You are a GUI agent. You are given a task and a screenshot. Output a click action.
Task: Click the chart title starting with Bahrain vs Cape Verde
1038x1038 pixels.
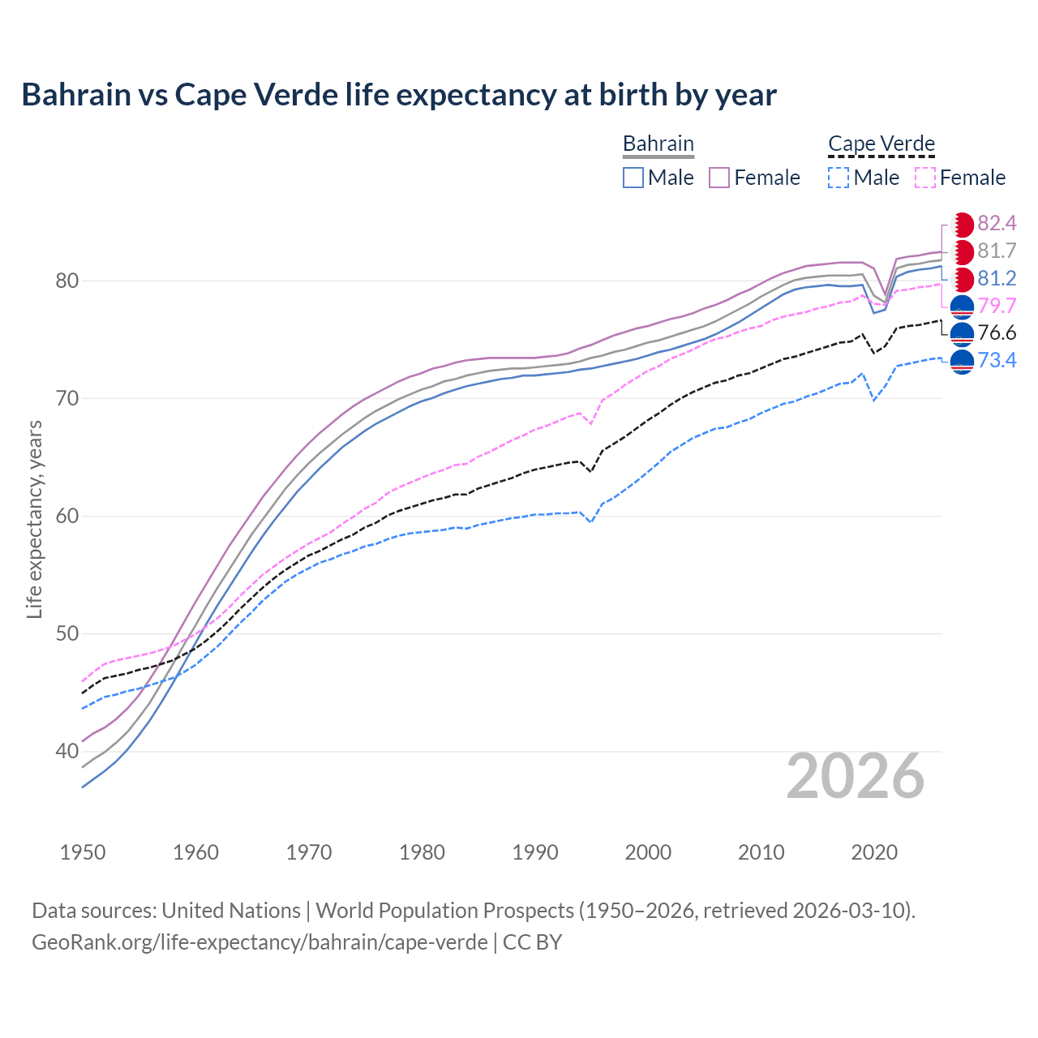click(x=399, y=95)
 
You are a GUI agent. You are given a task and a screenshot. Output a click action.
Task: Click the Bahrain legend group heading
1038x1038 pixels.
click(x=658, y=144)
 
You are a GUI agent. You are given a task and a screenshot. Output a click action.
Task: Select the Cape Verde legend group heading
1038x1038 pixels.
click(x=881, y=144)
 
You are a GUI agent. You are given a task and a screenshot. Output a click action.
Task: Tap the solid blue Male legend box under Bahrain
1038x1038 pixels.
click(x=633, y=178)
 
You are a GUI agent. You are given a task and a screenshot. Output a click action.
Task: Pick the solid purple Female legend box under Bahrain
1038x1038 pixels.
click(x=719, y=178)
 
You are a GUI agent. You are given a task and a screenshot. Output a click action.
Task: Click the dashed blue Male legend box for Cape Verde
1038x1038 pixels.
click(x=839, y=178)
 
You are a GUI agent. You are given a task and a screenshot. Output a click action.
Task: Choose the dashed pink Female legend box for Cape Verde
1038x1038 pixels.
click(x=924, y=178)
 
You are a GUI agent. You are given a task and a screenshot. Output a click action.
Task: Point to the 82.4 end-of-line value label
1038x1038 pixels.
click(x=997, y=223)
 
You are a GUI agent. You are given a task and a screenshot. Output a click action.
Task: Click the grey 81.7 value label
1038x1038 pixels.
click(x=997, y=251)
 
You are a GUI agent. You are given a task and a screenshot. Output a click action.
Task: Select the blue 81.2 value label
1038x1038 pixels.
click(x=997, y=278)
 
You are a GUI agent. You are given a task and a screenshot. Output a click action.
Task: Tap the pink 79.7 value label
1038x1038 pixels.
click(x=997, y=306)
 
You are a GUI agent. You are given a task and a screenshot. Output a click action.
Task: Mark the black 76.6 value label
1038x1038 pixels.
click(x=997, y=332)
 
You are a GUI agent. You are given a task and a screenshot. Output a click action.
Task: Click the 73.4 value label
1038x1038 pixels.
click(x=997, y=360)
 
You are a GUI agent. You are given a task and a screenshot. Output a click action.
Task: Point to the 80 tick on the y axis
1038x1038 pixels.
click(x=66, y=281)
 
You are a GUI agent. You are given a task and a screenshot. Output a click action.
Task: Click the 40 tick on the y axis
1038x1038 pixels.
click(x=66, y=752)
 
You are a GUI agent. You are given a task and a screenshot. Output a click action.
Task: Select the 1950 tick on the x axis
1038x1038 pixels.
click(x=83, y=852)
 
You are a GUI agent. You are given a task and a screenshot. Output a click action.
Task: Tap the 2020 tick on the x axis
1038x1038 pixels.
click(x=874, y=852)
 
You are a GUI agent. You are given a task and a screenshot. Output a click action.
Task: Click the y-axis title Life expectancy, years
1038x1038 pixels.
click(x=34, y=519)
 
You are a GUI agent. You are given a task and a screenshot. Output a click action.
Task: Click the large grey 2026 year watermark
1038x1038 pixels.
click(x=856, y=776)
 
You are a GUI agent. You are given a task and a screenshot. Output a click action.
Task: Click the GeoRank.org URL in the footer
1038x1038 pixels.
click(x=259, y=942)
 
